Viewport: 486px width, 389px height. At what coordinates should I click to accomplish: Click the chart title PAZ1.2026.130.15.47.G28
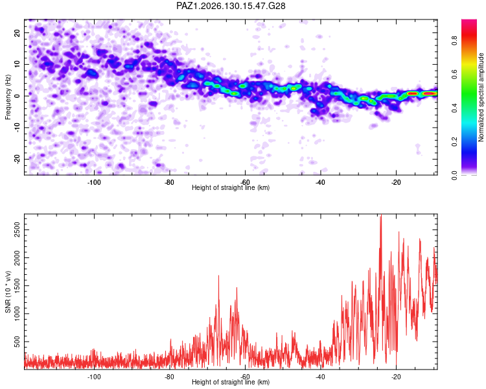coord(231,6)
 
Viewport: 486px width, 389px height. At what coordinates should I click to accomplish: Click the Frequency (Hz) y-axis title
coord(8,97)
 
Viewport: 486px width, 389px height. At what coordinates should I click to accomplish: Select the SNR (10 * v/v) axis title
coord(8,292)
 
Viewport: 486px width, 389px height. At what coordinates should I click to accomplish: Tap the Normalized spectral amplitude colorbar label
coord(481,97)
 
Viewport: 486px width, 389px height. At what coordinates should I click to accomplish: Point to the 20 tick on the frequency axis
coord(17,32)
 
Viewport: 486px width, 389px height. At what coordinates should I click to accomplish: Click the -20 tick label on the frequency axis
coord(17,159)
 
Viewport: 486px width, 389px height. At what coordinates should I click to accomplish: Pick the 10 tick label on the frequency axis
coord(17,64)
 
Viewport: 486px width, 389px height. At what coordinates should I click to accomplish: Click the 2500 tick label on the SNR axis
coord(17,230)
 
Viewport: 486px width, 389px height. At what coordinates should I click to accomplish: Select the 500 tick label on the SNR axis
coord(17,342)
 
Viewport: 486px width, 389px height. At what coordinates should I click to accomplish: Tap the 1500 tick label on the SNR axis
coord(17,286)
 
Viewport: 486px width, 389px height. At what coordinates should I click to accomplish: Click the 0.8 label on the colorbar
coord(454,40)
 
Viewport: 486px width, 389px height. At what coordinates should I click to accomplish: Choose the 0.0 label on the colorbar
coord(454,175)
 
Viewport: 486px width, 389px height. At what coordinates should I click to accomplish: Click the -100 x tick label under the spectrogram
coord(94,182)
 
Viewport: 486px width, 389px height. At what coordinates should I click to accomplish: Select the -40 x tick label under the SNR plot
coord(321,377)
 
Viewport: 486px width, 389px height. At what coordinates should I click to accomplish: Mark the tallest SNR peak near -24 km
coord(381,215)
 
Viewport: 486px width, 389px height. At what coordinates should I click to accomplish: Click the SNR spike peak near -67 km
coord(218,276)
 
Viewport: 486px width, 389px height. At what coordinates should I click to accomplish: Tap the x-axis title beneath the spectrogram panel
coord(231,187)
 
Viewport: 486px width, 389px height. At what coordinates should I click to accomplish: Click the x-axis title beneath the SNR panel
coord(231,382)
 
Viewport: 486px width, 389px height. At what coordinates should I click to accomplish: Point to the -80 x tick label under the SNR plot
coord(169,377)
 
